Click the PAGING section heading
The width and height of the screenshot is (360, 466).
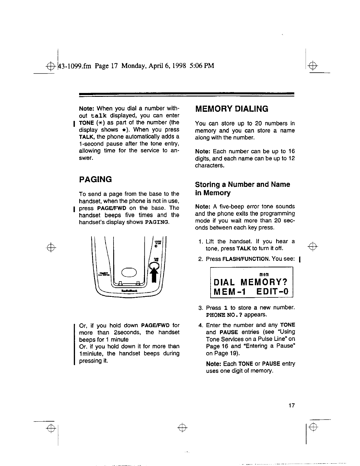pos(96,179)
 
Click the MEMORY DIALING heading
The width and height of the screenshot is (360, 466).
pos(232,109)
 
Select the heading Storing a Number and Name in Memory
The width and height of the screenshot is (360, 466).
pos(242,189)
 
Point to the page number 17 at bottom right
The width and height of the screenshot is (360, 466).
pos(291,406)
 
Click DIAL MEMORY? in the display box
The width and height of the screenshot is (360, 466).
pos(251,282)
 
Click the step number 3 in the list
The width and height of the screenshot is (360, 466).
pos(201,308)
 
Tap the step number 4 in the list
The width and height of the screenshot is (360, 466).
pos(201,325)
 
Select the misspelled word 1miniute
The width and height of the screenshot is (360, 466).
pos(92,354)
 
